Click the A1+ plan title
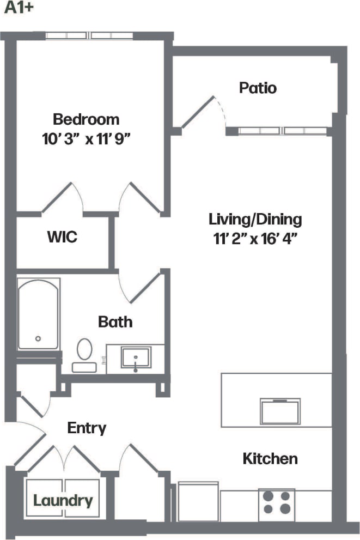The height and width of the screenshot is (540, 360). click(16, 10)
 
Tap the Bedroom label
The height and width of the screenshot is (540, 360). click(86, 119)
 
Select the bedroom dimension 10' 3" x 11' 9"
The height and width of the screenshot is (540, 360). click(88, 138)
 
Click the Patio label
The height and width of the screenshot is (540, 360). click(258, 88)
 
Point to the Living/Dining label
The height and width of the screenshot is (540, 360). click(255, 220)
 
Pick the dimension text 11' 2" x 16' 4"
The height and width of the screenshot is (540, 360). click(255, 238)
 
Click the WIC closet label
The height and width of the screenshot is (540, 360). click(62, 238)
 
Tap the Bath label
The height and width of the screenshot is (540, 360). click(115, 321)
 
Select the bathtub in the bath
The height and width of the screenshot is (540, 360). click(38, 314)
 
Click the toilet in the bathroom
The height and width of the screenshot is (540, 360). click(84, 354)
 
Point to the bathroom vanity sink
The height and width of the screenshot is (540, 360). click(136, 359)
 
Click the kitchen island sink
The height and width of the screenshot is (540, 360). click(280, 411)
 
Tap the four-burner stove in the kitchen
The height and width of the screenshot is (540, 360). click(277, 502)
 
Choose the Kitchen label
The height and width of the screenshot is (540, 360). click(270, 459)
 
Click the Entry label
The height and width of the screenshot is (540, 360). click(86, 428)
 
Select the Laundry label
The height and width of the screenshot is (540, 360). click(63, 500)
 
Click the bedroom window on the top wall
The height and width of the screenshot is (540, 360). click(89, 36)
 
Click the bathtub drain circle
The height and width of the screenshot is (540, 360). click(38, 338)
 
